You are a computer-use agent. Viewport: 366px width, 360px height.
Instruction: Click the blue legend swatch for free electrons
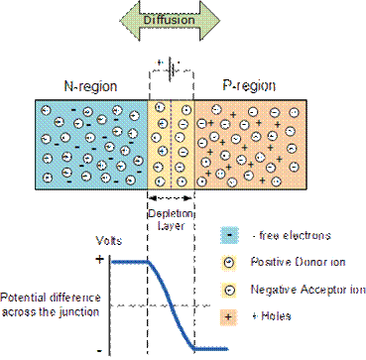click(x=231, y=238)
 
